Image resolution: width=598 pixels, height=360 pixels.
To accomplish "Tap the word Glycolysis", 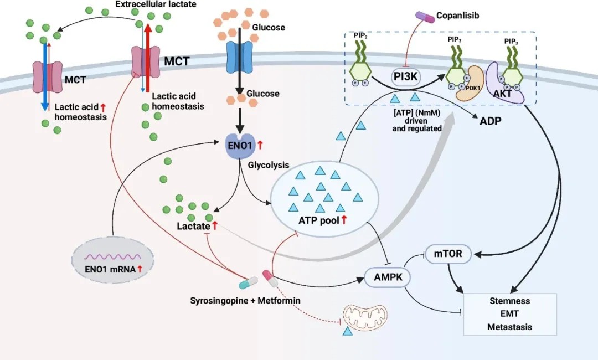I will [x=269, y=165].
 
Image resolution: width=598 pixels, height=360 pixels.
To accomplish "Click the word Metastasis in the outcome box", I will [x=509, y=327].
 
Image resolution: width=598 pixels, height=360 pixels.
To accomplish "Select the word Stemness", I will [x=509, y=301].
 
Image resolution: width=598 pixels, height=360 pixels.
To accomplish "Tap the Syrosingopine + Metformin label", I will [x=245, y=300].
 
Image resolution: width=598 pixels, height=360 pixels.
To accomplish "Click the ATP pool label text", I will [x=318, y=220].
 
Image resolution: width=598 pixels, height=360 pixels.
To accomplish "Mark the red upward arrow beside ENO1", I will [x=260, y=146].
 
